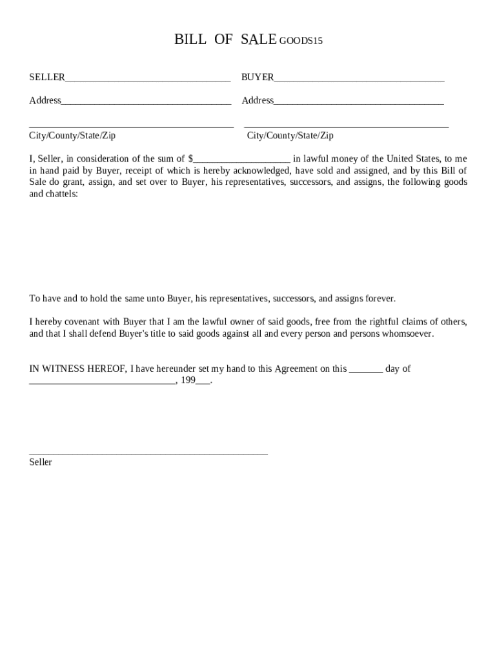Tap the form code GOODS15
coord(301,41)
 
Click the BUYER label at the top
coord(258,78)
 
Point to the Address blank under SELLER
coord(146,101)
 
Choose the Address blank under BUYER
coord(358,101)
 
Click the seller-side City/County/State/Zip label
coord(72,136)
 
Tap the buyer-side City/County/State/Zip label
coord(290,136)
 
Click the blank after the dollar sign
coord(242,160)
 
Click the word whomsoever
coord(408,334)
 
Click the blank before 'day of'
coord(365,370)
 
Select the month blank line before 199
coord(102,381)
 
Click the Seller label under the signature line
coord(41,462)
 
